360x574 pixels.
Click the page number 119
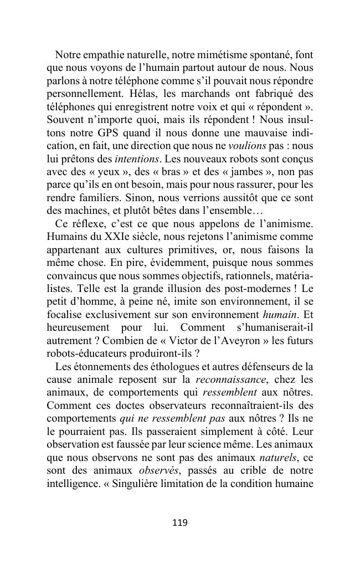click(180, 522)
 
